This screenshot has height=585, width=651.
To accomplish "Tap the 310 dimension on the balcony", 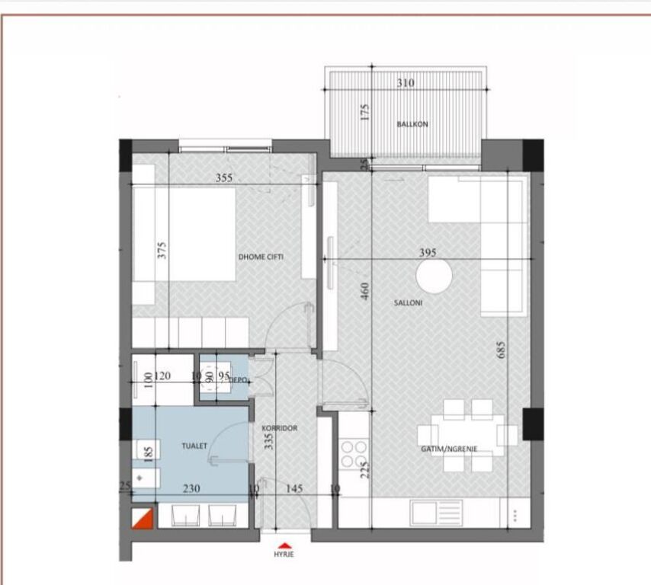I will pyautogui.click(x=406, y=83).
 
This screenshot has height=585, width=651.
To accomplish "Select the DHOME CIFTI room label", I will pyautogui.click(x=261, y=257).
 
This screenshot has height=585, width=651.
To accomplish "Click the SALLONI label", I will pyautogui.click(x=408, y=302).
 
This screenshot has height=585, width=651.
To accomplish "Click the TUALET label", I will pyautogui.click(x=194, y=446).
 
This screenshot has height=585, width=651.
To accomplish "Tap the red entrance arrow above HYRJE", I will pyautogui.click(x=284, y=545).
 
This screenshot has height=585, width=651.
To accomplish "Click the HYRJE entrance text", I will pyautogui.click(x=284, y=555).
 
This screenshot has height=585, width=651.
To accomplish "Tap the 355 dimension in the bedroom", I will pyautogui.click(x=223, y=178).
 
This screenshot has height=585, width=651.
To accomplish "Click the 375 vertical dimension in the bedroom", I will pyautogui.click(x=162, y=251).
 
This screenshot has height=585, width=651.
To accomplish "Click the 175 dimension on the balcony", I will pyautogui.click(x=364, y=113).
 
